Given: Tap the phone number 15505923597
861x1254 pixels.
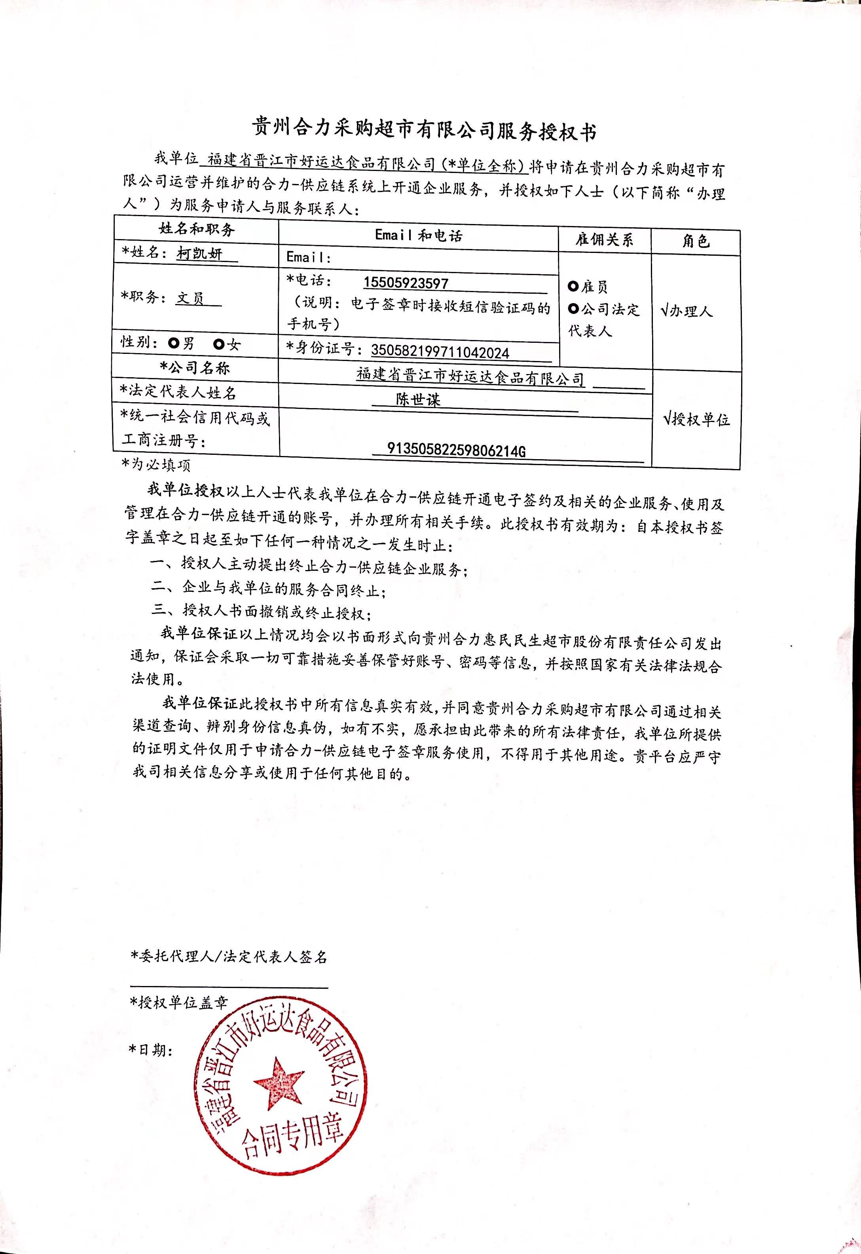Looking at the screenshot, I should point(406,283).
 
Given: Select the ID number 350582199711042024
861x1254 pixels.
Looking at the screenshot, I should point(440,352).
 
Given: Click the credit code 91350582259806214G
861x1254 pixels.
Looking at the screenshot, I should point(456,450).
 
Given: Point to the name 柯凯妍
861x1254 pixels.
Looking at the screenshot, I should point(199,253).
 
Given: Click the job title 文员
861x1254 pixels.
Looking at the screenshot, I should point(190,298).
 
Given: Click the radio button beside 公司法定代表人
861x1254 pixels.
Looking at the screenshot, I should point(573,309).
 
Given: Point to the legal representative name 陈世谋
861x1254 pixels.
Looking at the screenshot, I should point(418,399).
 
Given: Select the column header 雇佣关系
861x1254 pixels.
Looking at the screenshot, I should point(604,239).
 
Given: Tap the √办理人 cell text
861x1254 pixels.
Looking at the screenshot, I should point(686,311).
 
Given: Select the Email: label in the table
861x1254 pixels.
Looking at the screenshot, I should point(309,257).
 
